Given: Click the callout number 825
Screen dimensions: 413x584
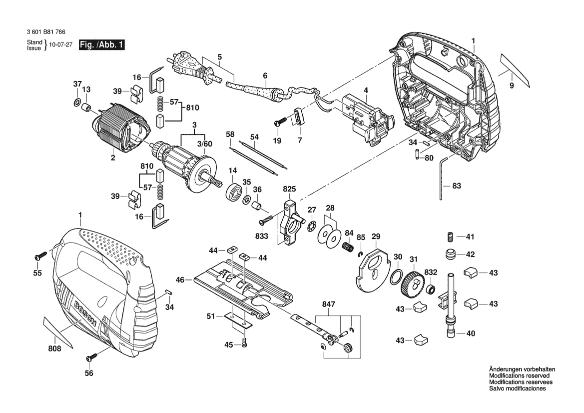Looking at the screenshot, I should click(x=289, y=189).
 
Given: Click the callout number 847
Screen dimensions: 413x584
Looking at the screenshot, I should click(x=329, y=304).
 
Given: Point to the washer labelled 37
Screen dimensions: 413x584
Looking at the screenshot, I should click(x=77, y=103).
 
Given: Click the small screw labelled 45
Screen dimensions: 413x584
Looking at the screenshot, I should click(x=244, y=345).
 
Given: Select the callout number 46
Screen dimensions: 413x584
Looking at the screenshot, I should click(x=180, y=279).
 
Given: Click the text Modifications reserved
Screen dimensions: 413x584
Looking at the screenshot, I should click(x=519, y=375).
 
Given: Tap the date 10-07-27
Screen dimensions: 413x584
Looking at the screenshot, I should click(x=61, y=44).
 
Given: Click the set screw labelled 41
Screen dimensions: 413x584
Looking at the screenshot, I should click(x=450, y=236).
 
